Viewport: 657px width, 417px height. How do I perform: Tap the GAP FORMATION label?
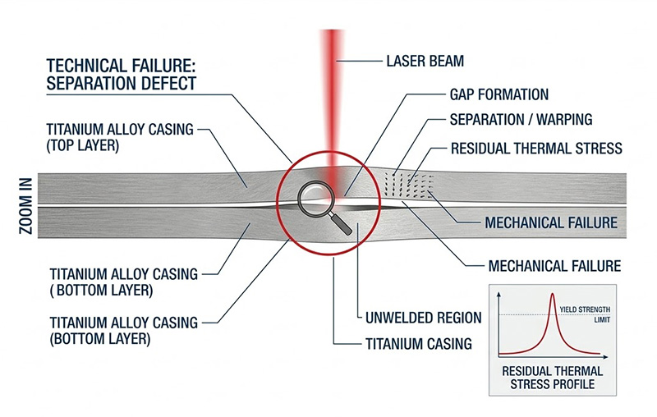pyautogui.click(x=499, y=94)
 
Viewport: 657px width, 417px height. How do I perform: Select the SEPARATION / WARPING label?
pyautogui.click(x=521, y=120)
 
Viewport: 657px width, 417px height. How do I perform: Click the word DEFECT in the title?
pyautogui.click(x=168, y=84)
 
